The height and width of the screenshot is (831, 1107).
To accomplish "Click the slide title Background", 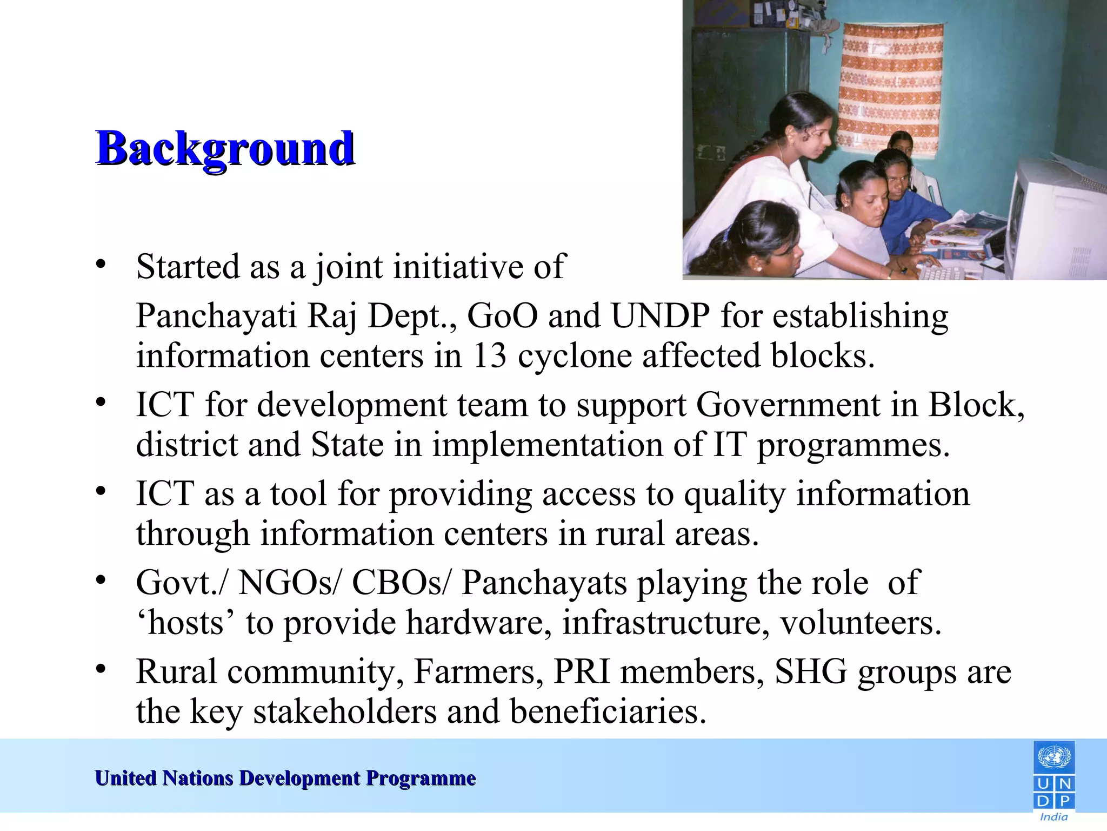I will point(225,148).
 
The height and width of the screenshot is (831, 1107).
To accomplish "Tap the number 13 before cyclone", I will point(490,355).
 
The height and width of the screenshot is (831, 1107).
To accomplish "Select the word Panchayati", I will point(216,315).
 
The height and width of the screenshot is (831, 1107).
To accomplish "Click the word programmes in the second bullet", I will point(852,445).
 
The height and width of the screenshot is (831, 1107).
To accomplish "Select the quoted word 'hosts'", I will point(186,623).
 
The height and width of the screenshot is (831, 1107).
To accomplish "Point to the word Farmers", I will point(478,671).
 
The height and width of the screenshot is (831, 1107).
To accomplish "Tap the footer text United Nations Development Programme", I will point(285,778).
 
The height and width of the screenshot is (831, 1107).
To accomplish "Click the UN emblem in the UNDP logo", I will point(1053,757).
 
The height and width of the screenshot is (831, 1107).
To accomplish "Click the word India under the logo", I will point(1053,817).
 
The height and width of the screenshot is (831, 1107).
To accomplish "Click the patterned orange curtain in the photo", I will point(892,87).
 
